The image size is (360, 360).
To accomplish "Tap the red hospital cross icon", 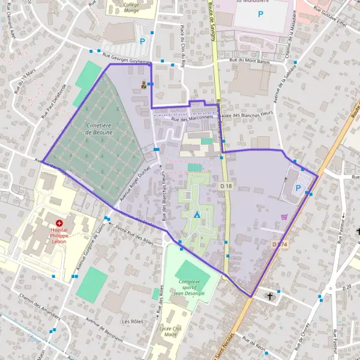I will coord(59,223).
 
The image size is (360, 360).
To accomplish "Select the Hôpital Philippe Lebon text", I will coord(59,233).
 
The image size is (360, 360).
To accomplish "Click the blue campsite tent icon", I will coord(196,214).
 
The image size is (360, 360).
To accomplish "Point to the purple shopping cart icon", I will coord(283,217).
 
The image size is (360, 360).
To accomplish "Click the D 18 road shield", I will coord(225,187).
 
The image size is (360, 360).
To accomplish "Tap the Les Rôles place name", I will coord(131,322).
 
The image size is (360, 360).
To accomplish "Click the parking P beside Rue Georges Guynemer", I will coord(142,41).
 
